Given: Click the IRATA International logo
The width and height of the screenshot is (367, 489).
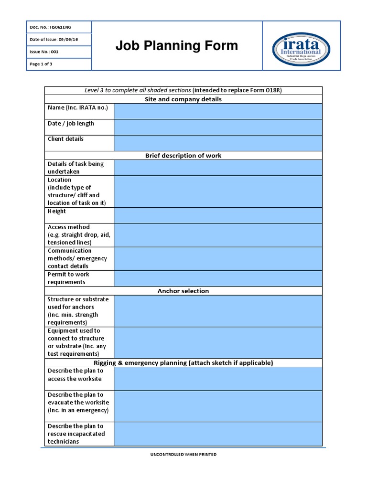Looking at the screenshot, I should tap(301, 46).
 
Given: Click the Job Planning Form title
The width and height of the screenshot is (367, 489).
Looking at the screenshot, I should tap(176, 46).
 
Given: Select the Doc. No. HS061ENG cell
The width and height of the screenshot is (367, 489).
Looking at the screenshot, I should tap(58, 27).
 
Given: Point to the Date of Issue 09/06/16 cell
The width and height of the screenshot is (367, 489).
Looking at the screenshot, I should tap(58, 40).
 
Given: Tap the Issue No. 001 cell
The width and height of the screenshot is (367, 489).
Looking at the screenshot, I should tap(58, 52).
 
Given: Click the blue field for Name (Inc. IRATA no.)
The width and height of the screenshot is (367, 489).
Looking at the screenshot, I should tap(218, 111).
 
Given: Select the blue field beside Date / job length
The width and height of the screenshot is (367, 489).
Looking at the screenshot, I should tap(218, 127).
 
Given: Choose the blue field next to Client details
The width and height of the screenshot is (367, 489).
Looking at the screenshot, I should tap(218, 143).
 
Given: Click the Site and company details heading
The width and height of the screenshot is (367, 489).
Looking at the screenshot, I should tap(183, 99).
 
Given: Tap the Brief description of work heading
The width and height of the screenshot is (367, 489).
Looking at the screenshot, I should tap(183, 156).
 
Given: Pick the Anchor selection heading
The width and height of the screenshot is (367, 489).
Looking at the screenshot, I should tap(183, 291).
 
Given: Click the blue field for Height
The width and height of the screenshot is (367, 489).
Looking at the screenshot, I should tap(218, 215).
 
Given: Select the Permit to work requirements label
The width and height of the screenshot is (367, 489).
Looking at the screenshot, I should tap(68, 278).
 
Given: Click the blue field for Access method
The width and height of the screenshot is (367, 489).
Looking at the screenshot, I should tap(218, 234).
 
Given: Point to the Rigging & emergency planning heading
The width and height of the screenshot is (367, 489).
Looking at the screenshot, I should tap(183, 363).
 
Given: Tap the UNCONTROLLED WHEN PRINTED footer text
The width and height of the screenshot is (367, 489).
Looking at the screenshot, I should tap(183, 454).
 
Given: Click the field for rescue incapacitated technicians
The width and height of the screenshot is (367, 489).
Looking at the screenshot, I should tap(218, 434).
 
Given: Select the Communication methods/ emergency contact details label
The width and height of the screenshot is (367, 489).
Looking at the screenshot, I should tap(77, 258).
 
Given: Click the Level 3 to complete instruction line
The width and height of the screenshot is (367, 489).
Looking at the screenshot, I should tap(183, 90).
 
